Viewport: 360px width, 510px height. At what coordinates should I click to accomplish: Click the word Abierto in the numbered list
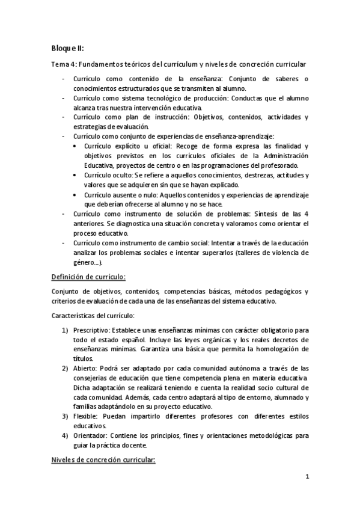pos(85,368)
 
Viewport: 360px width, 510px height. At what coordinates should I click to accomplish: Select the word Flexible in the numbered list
pos(87,416)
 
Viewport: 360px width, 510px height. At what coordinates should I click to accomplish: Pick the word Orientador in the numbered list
pos(91,435)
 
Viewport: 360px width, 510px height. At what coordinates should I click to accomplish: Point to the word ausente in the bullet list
pos(127,194)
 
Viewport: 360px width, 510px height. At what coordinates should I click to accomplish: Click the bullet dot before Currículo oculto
pos(74,175)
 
